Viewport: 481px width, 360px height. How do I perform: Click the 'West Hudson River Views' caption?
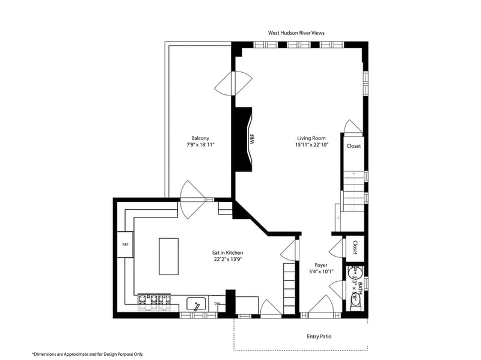click(x=296, y=32)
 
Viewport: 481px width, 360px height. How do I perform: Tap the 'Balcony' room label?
click(x=200, y=137)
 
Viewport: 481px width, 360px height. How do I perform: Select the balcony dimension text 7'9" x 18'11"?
click(x=200, y=145)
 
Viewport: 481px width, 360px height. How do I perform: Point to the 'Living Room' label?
click(x=311, y=138)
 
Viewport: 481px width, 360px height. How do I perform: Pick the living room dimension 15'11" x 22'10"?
click(x=311, y=145)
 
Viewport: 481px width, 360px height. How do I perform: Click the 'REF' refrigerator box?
click(x=125, y=245)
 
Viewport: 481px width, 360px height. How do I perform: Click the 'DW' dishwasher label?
click(x=217, y=304)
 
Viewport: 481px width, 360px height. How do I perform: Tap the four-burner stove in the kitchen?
click(x=154, y=302)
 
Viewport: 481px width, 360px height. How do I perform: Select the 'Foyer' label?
click(x=321, y=264)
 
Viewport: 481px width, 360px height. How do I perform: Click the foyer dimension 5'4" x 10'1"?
click(x=321, y=272)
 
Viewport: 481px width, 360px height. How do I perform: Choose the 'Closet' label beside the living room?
click(x=354, y=146)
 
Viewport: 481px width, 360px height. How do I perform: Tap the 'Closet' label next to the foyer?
click(x=355, y=247)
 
